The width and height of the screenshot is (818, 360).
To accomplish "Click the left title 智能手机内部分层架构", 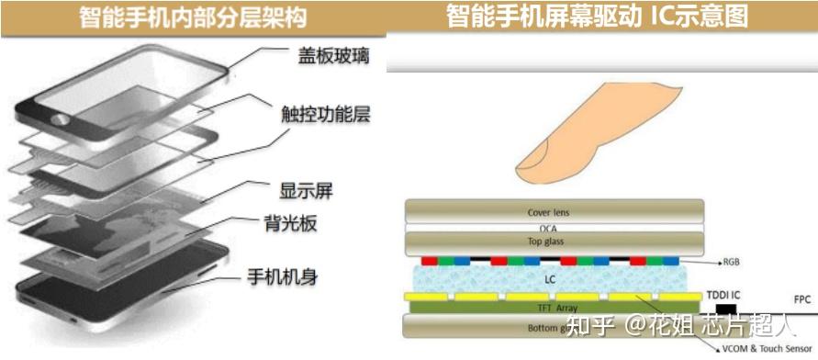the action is (193, 17).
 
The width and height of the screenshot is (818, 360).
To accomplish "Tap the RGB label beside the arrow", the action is (732, 262).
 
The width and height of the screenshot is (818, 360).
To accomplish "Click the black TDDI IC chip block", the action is (727, 309).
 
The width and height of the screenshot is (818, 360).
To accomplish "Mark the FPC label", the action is (802, 299).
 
